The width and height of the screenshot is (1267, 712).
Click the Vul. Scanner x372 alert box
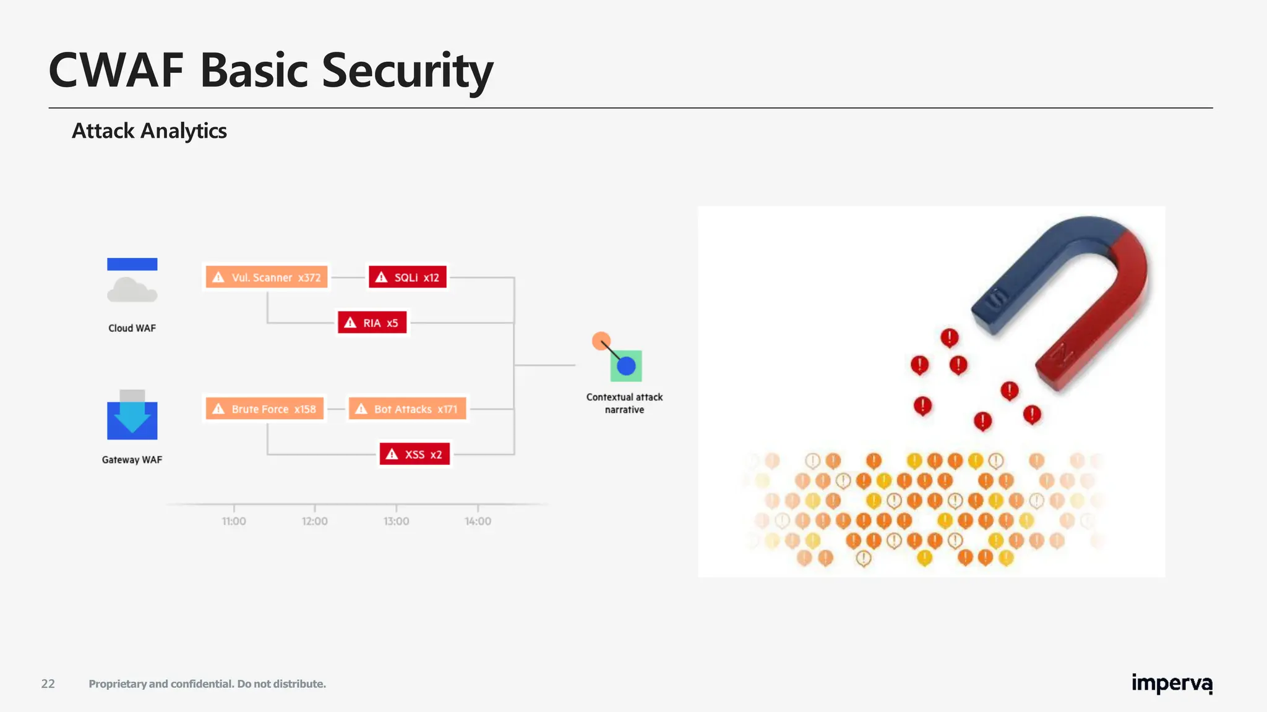pyautogui.click(x=266, y=277)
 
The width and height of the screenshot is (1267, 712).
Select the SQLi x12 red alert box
pyautogui.click(x=407, y=277)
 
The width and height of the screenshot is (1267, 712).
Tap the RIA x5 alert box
pyautogui.click(x=372, y=323)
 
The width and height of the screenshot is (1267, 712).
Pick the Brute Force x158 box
pyautogui.click(x=264, y=409)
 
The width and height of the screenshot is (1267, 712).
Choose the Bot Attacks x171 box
pyautogui.click(x=407, y=409)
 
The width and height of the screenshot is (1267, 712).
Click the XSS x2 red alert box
pyautogui.click(x=414, y=454)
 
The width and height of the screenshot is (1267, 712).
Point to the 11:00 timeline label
pyautogui.click(x=234, y=521)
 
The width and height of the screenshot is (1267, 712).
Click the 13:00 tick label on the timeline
pyautogui.click(x=396, y=521)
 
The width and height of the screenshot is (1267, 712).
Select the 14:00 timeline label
pyautogui.click(x=478, y=521)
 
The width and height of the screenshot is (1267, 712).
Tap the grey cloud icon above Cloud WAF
pyautogui.click(x=131, y=290)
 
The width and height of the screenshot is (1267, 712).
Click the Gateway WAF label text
pyautogui.click(x=132, y=460)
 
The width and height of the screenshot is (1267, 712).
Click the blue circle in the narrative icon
pyautogui.click(x=626, y=366)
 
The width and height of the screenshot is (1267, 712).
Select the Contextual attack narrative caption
pyautogui.click(x=624, y=403)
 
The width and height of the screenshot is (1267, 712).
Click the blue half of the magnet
pyautogui.click(x=1039, y=266)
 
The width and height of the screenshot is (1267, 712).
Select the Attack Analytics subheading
pyautogui.click(x=149, y=131)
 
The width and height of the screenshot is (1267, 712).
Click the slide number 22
pyautogui.click(x=48, y=684)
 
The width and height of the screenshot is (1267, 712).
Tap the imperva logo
pyautogui.click(x=1171, y=684)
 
